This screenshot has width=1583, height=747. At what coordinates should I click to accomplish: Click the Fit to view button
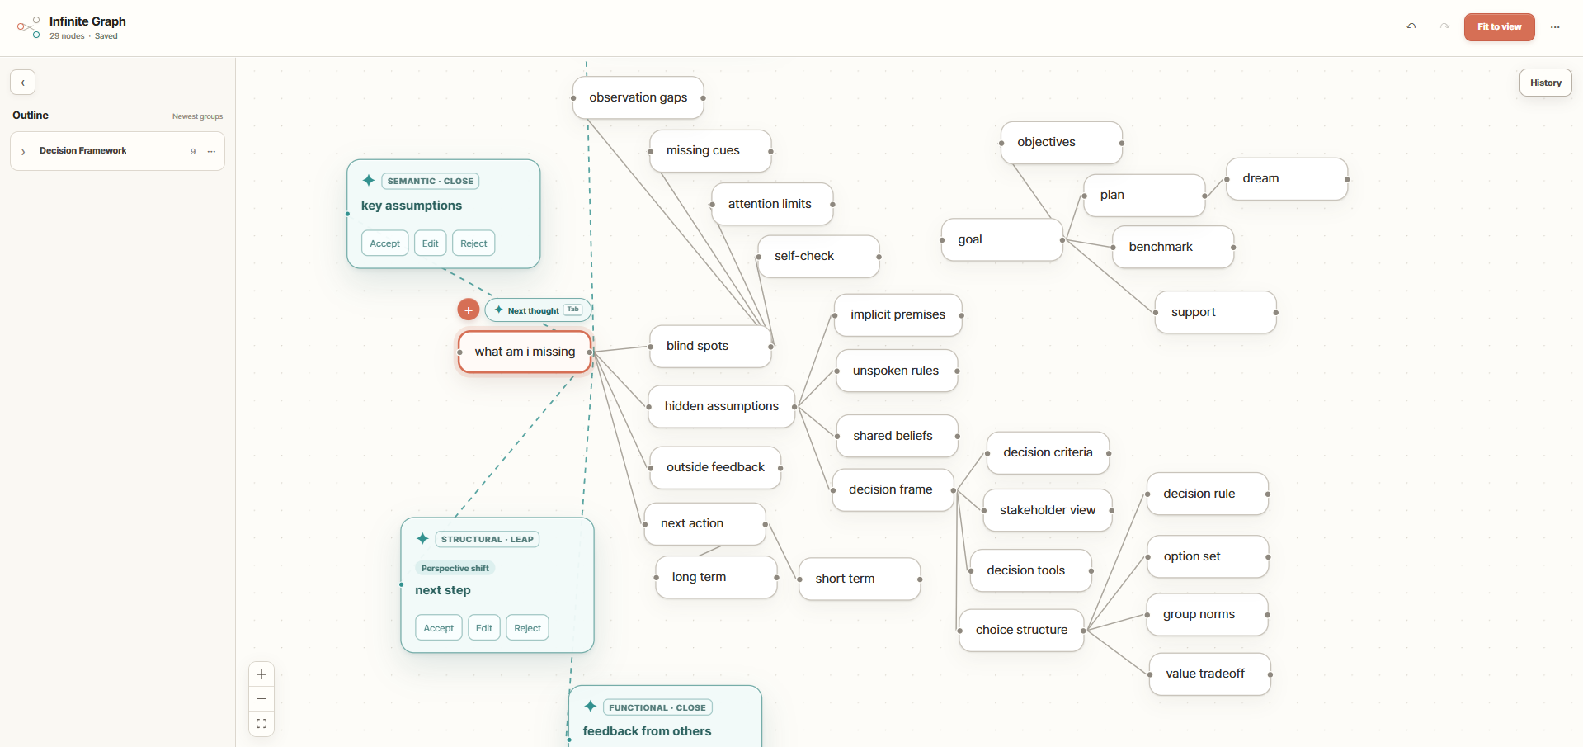coord(1499,27)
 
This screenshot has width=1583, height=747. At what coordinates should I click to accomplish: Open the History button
coord(1545,83)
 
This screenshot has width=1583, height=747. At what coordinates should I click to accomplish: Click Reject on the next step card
coord(527,628)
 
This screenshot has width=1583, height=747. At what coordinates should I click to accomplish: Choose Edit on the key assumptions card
coord(430,243)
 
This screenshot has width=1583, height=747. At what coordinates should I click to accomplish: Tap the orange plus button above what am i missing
coord(468,310)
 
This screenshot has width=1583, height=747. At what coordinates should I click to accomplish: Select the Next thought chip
coord(538,310)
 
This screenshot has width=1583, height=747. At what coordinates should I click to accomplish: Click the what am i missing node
coord(525,352)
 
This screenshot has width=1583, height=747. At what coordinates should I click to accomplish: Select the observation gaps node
coord(638,97)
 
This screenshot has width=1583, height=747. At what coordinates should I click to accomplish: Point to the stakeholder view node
coord(1048,510)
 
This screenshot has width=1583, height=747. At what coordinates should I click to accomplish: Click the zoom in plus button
coord(261,674)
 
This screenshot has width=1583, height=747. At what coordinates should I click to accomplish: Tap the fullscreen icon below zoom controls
coord(261,724)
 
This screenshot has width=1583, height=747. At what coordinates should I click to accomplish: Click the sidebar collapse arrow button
coord(23,83)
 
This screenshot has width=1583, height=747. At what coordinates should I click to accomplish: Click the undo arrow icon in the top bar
coord(1411,26)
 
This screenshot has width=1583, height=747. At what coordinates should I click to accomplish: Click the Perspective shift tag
coord(455,568)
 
